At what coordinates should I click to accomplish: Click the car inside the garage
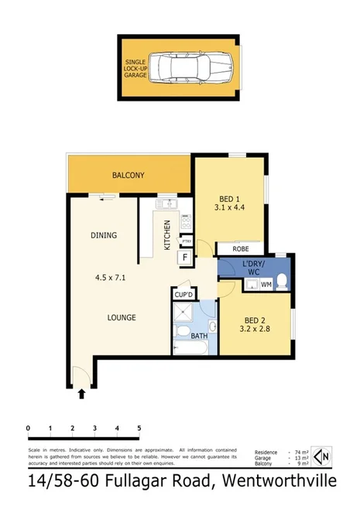point(185,68)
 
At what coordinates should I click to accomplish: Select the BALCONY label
point(129,176)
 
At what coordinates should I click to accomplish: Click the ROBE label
point(241,248)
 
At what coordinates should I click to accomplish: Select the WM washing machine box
point(266,285)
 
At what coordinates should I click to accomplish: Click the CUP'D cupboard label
point(183,294)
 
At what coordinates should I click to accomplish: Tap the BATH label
point(199,336)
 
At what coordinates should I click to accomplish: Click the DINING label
point(103,235)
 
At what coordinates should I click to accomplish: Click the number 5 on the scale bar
point(139,428)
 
